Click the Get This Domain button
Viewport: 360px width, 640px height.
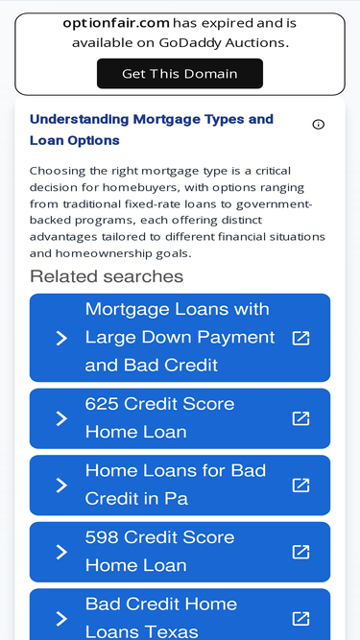[x=180, y=74]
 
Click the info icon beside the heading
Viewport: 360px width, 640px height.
[x=319, y=125]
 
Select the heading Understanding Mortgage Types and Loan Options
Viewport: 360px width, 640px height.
[x=152, y=130]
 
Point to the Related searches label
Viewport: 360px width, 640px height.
[x=107, y=276]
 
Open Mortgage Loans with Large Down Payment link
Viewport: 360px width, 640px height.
[x=180, y=338]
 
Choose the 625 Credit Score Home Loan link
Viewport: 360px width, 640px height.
[x=160, y=418]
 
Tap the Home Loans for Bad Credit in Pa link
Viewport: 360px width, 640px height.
[x=176, y=485]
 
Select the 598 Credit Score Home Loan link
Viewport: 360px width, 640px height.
[x=160, y=552]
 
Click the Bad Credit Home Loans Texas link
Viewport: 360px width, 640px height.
[x=161, y=617]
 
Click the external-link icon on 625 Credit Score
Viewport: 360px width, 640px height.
[x=300, y=418]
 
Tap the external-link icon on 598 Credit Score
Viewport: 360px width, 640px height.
[x=300, y=552]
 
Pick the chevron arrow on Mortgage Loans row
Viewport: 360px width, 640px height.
[x=61, y=338]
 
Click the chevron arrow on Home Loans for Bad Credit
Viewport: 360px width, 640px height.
[x=61, y=485]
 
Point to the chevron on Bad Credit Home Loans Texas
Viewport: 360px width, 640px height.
[x=61, y=618]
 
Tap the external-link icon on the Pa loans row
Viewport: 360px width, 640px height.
[x=300, y=485]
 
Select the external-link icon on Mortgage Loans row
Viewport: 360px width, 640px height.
[x=300, y=338]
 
